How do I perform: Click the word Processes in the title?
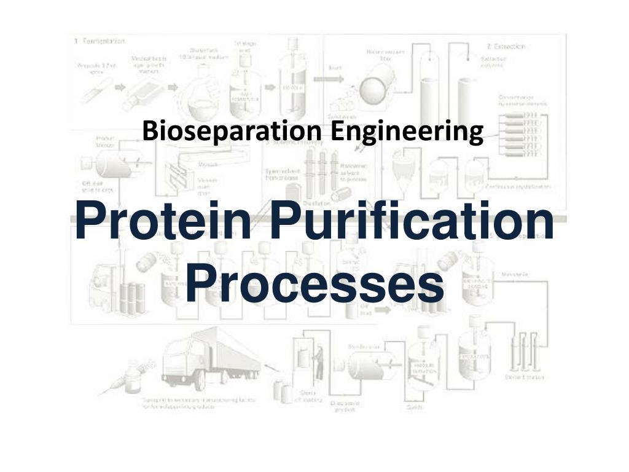[314, 284]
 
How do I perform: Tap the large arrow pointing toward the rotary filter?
[319, 80]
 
